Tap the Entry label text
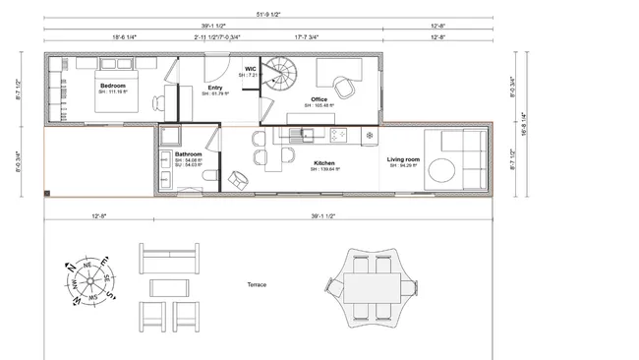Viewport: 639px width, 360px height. coord(215,88)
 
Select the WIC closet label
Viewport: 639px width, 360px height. coord(251,69)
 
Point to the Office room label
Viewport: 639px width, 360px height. coord(319,99)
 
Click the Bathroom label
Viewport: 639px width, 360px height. coord(189,154)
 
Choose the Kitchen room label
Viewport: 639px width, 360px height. coord(324,162)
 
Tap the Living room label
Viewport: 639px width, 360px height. coord(402,158)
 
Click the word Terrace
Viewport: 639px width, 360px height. coord(259,285)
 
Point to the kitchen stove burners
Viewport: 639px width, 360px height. coord(340,135)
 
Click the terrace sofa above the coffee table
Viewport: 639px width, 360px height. coord(170,261)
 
